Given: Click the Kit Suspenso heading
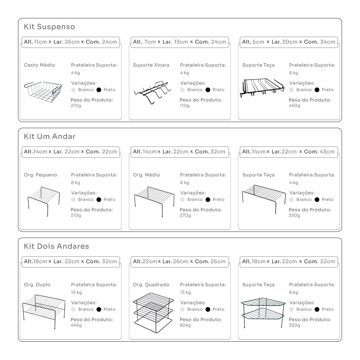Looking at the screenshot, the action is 49,27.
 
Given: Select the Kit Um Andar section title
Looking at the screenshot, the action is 50,136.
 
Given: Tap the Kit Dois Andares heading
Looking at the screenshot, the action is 56,246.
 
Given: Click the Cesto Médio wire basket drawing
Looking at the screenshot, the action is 43,91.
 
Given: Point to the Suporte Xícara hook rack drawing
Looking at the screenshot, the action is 152,92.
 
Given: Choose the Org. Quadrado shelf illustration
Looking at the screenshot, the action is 153,313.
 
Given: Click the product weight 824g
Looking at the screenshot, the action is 185,325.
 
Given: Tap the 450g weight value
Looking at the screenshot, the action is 294,105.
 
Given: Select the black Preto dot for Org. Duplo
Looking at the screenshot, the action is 99,309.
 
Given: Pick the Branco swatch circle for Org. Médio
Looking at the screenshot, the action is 182,199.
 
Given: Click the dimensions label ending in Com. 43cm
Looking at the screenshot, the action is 289,152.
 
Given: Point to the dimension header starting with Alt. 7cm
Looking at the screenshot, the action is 180,42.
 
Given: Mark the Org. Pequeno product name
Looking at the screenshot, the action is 40,175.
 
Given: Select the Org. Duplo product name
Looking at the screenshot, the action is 37,284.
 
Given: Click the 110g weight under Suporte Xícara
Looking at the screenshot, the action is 185,105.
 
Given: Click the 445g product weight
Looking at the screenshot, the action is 76,325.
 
